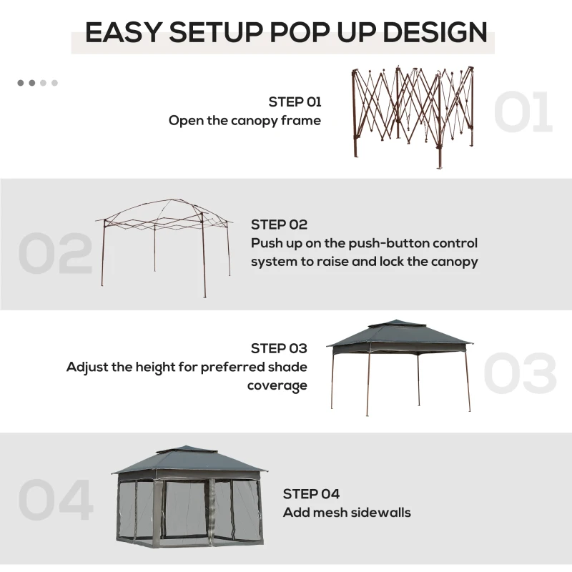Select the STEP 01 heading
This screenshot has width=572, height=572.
click(295, 102)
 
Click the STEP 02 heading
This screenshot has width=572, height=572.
click(279, 225)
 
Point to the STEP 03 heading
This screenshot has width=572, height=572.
click(279, 348)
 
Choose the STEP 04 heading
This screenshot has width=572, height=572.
click(311, 493)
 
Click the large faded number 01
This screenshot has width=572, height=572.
click(523, 112)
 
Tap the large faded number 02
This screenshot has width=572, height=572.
click(55, 253)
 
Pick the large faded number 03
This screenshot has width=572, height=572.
click(520, 373)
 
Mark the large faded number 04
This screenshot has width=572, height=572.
click(56, 500)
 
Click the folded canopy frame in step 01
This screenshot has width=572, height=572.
click(413, 114)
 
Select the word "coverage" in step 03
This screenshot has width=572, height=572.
click(277, 385)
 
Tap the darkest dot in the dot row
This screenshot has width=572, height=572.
click(21, 83)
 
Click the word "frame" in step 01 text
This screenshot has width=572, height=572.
click(302, 120)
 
